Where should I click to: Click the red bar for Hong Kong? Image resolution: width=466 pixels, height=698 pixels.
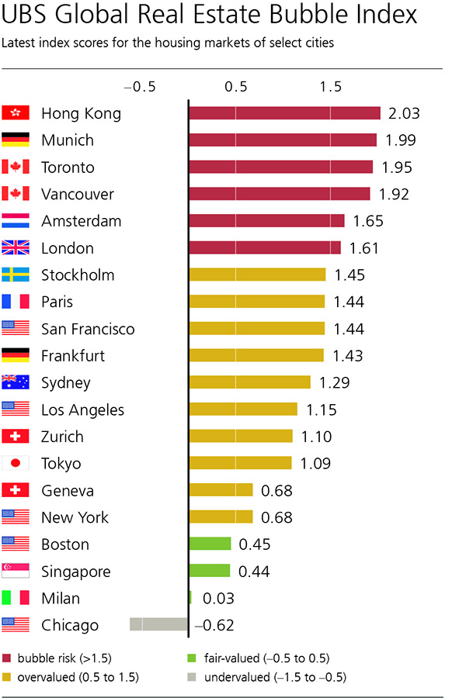(x=284, y=113)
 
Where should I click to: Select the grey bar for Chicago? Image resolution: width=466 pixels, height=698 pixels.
(x=159, y=625)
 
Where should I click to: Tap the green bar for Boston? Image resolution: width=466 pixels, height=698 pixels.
(x=210, y=544)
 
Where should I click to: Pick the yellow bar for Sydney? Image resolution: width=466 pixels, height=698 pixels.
(x=249, y=382)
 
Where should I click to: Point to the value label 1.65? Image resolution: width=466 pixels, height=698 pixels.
(x=368, y=221)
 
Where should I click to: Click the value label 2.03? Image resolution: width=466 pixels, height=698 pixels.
(x=404, y=113)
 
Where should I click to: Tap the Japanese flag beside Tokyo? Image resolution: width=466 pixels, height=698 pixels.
(x=16, y=464)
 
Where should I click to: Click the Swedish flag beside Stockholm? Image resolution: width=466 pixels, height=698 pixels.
(x=16, y=275)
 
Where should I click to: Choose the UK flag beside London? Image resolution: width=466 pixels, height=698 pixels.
(x=16, y=248)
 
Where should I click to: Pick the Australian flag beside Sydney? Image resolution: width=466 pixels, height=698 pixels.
(x=16, y=382)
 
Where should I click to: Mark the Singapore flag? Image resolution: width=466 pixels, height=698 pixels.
(x=16, y=572)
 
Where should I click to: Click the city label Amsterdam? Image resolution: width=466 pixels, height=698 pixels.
(x=82, y=221)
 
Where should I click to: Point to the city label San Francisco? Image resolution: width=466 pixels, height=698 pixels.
(x=88, y=329)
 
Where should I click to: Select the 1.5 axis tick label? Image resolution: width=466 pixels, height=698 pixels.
(x=330, y=87)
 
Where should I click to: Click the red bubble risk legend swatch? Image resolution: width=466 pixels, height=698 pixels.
(x=8, y=658)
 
